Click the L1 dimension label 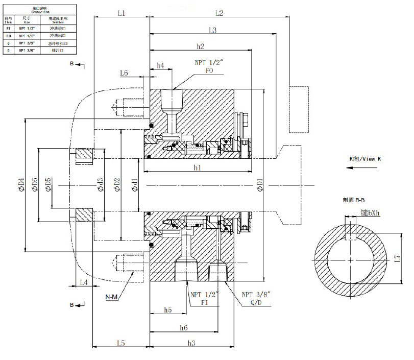point(121,13)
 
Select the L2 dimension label point(220,13)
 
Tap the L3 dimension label point(212,30)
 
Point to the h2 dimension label point(200,46)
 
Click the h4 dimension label point(160,65)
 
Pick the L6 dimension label point(124,74)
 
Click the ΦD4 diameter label point(21,184)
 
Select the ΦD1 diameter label point(260,184)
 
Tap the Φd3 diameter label point(100,184)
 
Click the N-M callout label point(112,297)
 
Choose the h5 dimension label point(168,310)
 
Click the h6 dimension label point(184,327)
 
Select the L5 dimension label point(120,343)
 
